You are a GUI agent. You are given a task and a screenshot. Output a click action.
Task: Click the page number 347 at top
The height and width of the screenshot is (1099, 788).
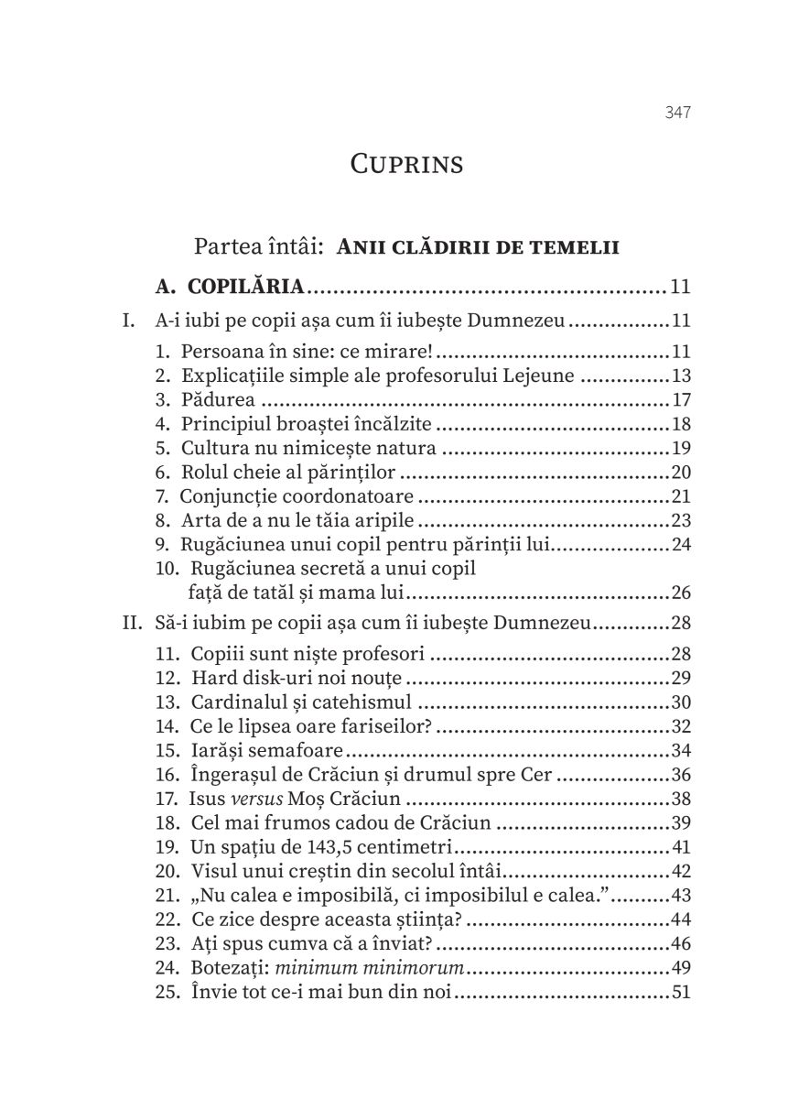click(676, 113)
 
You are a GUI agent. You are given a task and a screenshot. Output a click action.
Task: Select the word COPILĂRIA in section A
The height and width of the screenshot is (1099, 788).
click(253, 288)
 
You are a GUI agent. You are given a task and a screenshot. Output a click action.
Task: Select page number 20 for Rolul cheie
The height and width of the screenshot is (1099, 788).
click(679, 473)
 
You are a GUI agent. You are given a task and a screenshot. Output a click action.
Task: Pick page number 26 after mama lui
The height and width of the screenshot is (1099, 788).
click(679, 592)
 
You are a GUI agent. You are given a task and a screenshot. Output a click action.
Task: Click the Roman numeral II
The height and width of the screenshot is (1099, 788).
click(131, 625)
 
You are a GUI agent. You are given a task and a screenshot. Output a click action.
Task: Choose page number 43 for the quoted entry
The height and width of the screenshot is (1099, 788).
click(679, 895)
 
